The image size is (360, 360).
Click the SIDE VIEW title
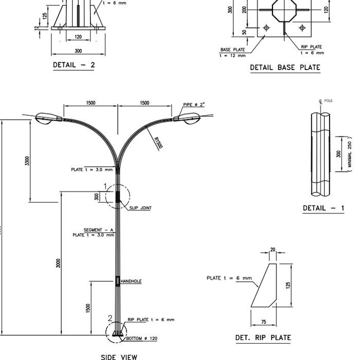pos(119,356)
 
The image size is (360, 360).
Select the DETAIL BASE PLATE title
pos(285,67)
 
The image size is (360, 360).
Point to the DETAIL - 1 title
pos(323,208)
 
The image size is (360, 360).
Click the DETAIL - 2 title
pos(74,65)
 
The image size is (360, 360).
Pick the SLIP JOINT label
pos(140,208)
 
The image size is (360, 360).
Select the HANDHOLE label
pos(131,281)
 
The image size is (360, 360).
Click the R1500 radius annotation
pos(157,142)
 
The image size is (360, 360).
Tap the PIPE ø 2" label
pos(194,105)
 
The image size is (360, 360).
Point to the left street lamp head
pos(47,118)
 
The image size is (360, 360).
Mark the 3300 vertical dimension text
pos(27,160)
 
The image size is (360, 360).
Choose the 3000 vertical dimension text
pos(58,263)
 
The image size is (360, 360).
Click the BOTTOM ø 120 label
pos(141,338)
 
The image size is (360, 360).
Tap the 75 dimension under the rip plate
pos(263,322)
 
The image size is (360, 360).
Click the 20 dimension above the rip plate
pos(273,250)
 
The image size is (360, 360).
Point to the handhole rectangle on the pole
pos(117,281)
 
